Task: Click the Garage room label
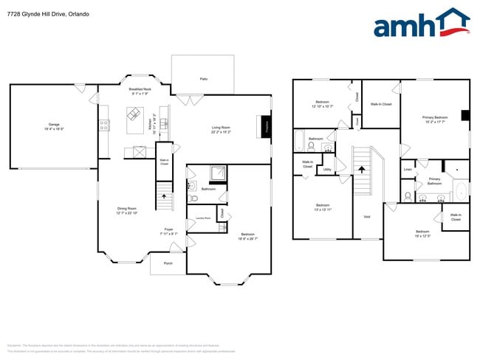pos(55,124)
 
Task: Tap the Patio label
pos(203,78)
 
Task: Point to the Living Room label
pos(221,128)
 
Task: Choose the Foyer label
pos(168,229)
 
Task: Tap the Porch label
pos(168,263)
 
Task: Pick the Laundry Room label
pos(202,218)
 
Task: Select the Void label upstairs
pos(367,216)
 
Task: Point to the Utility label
pos(326,169)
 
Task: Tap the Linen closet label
pos(408,170)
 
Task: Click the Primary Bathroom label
pos(434,181)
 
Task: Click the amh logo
pos(421,24)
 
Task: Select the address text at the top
pos(44,14)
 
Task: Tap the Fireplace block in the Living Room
pos(267,126)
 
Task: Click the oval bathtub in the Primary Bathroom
pos(460,191)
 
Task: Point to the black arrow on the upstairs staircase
pos(361,169)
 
